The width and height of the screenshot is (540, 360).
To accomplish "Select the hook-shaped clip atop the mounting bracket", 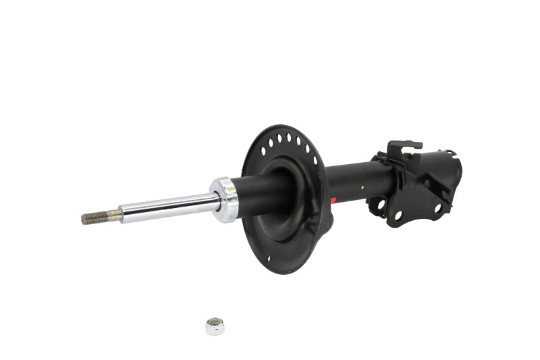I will (403, 146).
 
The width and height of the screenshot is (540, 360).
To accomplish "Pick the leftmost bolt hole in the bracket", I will (381, 203).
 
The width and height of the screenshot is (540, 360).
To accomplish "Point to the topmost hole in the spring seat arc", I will (288, 138).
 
